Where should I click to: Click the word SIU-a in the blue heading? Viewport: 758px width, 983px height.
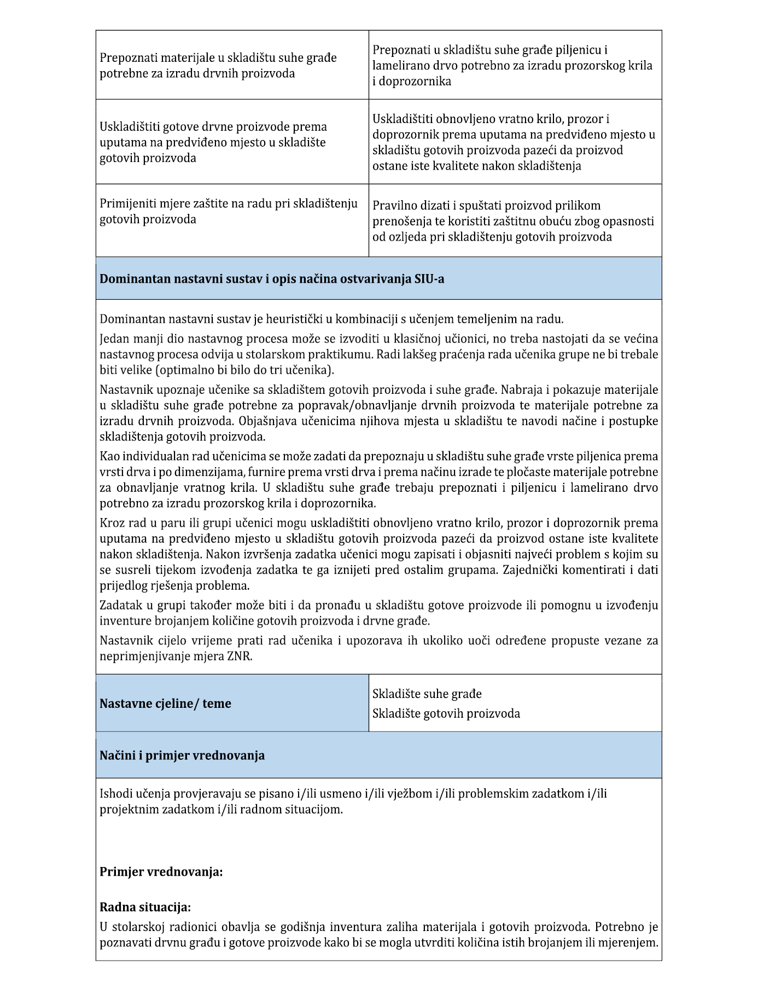[429, 278]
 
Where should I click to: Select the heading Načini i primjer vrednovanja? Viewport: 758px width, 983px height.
[182, 755]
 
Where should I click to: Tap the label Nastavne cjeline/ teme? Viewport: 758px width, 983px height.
[165, 703]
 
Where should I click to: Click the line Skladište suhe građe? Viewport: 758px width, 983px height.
[427, 694]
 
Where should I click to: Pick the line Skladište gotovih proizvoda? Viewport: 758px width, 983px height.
[446, 713]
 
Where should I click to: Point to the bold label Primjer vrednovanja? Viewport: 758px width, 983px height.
[161, 871]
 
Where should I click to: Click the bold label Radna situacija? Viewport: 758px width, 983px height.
[145, 907]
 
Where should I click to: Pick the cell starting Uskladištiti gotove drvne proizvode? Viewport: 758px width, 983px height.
[213, 142]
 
